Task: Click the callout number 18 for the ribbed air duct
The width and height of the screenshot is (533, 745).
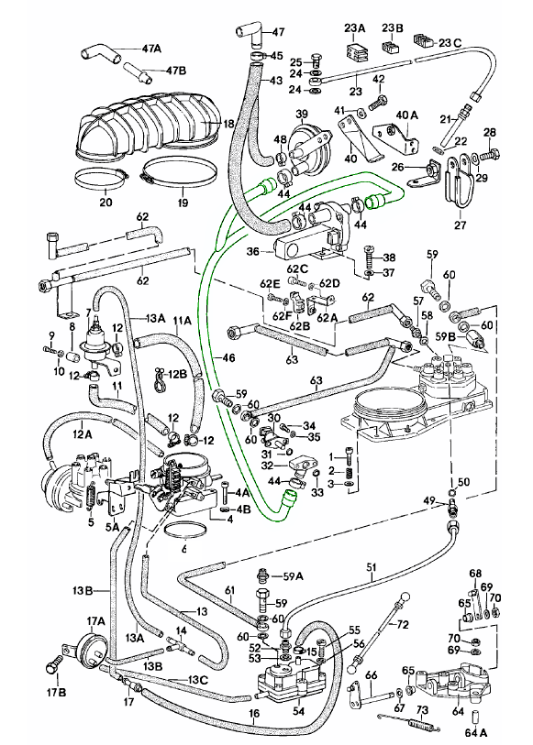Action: pyautogui.click(x=228, y=124)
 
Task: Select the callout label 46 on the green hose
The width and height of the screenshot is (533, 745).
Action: pyautogui.click(x=228, y=357)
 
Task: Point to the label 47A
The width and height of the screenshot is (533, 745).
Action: pyautogui.click(x=151, y=49)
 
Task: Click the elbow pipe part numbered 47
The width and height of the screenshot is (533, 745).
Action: pyautogui.click(x=250, y=35)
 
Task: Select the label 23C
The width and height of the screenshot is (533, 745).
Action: pyautogui.click(x=450, y=43)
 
